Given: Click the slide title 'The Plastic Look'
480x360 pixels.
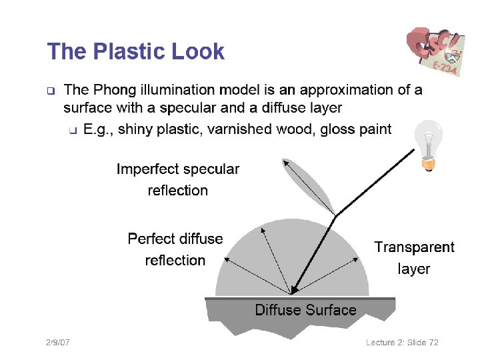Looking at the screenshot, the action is pyautogui.click(x=135, y=51).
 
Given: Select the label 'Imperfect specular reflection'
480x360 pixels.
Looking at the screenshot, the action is pyautogui.click(x=177, y=179).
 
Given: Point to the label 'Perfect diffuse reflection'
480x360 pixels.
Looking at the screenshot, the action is pyautogui.click(x=175, y=249).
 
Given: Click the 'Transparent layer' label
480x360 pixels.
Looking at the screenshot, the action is pyautogui.click(x=414, y=257).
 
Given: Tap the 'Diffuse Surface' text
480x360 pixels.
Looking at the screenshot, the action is pyautogui.click(x=305, y=309).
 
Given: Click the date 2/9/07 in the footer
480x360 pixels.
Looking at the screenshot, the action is pyautogui.click(x=58, y=342).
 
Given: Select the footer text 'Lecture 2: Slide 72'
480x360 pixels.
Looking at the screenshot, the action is pyautogui.click(x=402, y=342).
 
